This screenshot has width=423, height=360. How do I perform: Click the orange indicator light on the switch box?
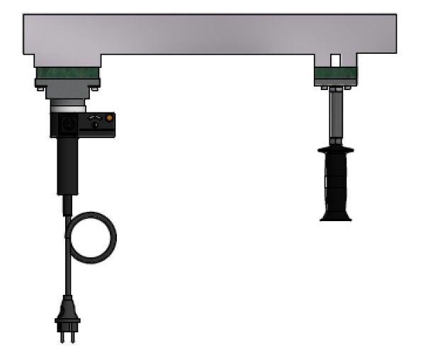tap(109, 118)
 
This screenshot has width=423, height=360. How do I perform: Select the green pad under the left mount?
tap(67, 73)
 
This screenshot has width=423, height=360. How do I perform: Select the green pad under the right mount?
tap(336, 73)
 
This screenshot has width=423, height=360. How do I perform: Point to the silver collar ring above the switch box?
tap(68, 106)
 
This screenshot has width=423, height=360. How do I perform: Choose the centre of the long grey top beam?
tap(210, 34)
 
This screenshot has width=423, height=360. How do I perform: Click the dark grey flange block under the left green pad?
tap(67, 89)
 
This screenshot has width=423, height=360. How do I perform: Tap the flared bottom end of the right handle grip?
tap(336, 215)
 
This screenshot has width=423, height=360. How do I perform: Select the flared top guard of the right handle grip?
tap(336, 151)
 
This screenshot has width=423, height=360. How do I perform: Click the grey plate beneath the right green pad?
tap(336, 82)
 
